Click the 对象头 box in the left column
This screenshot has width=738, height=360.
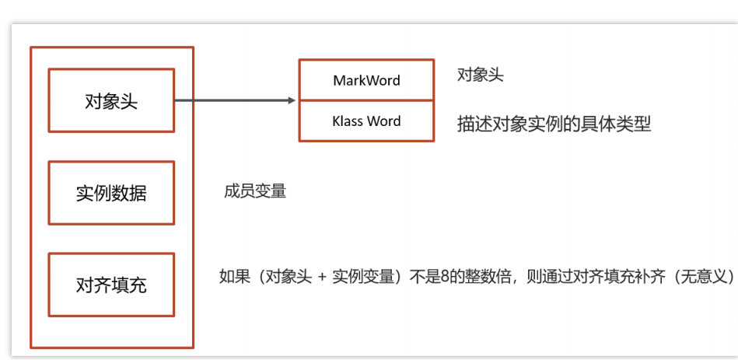tap(111, 100)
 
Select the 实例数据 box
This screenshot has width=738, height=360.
tap(111, 193)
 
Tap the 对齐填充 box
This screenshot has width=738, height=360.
tap(111, 285)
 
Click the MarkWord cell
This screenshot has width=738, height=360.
tap(366, 81)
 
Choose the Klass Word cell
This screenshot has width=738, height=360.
tap(366, 121)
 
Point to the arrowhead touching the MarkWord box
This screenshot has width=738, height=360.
tap(292, 100)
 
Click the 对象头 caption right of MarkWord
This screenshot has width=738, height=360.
tap(480, 75)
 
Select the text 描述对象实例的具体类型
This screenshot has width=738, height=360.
tap(554, 124)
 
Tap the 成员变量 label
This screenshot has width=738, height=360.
tap(255, 190)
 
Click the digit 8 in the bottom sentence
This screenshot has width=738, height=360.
tap(446, 278)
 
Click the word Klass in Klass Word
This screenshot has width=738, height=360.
tap(348, 121)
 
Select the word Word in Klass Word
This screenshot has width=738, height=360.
tap(383, 121)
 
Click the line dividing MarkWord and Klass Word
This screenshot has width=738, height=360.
tap(366, 100)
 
